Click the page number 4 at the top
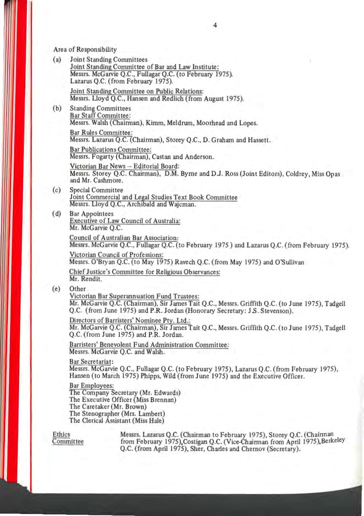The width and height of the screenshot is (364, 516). coord(215,25)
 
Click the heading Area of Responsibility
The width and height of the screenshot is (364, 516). coord(85,50)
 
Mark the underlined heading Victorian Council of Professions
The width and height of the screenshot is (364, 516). coord(116,255)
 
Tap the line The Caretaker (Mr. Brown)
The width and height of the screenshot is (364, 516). coord(108,407)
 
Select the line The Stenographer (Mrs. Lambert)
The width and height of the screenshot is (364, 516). coord(117,413)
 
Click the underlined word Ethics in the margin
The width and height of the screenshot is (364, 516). coord(61,434)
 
